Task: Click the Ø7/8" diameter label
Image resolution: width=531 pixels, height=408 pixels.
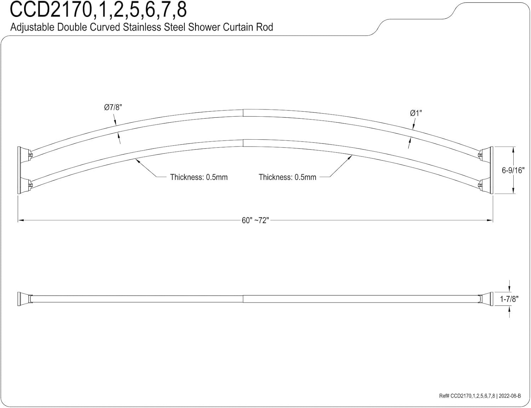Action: [113, 107]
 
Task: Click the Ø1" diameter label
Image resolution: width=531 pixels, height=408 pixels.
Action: [416, 113]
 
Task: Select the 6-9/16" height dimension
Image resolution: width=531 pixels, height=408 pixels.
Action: [513, 170]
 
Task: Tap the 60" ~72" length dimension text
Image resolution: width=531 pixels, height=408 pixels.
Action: [255, 220]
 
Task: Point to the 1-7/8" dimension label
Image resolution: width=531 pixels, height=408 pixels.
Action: [509, 299]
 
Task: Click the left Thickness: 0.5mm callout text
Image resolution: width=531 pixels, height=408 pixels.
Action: [199, 177]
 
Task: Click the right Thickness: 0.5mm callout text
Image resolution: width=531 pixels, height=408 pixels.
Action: [287, 177]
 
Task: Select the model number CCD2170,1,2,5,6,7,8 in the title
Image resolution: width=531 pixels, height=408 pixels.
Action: [98, 10]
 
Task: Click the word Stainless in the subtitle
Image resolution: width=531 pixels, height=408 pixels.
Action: [142, 27]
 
